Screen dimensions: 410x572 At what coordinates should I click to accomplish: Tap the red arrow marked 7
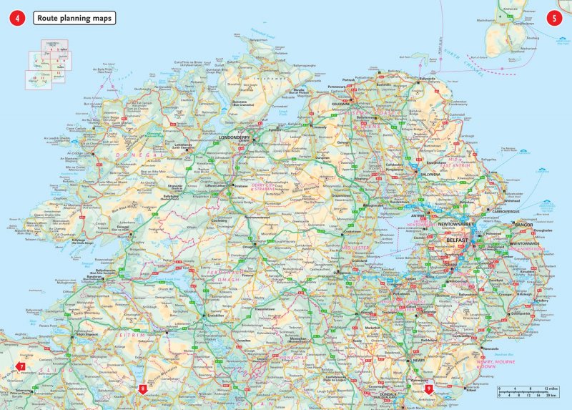tap(21, 368)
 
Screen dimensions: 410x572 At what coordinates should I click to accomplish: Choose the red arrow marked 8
tap(143, 388)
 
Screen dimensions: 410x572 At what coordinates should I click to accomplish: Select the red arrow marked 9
tap(428, 388)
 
